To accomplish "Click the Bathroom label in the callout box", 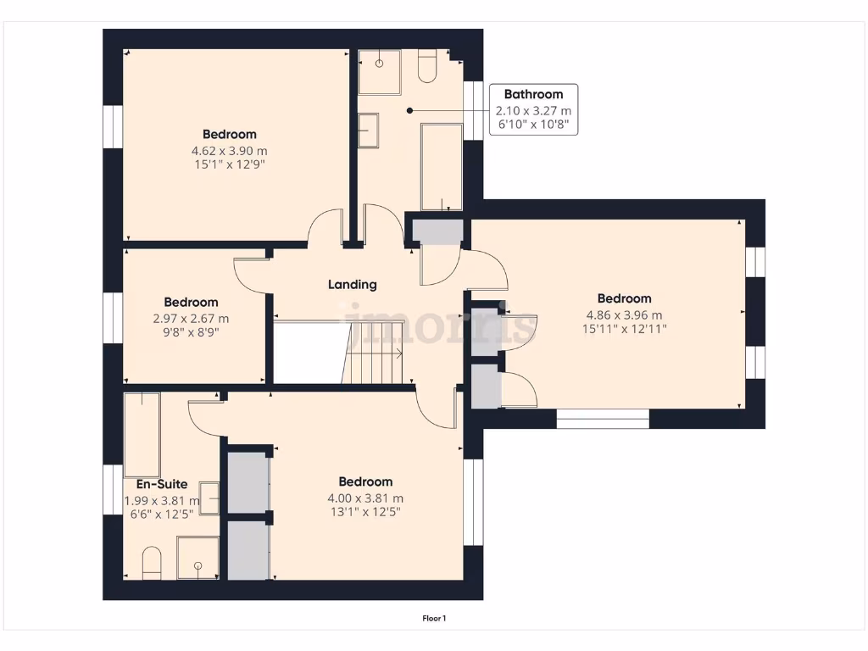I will click(x=533, y=94).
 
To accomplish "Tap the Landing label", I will click(x=352, y=285).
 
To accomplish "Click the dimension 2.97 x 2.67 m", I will click(x=191, y=319).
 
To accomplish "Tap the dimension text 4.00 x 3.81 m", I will click(x=365, y=498).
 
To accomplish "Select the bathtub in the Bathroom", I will click(x=442, y=166).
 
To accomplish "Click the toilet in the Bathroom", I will click(x=427, y=68).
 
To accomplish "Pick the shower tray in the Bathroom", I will click(x=379, y=71).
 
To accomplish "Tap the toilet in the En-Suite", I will click(x=152, y=563).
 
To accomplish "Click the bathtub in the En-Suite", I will click(x=142, y=434).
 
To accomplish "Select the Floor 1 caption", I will click(x=434, y=619).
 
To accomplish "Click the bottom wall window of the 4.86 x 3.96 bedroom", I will click(x=603, y=418).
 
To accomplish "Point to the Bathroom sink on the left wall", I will click(x=368, y=131).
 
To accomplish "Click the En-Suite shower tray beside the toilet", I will click(x=198, y=558).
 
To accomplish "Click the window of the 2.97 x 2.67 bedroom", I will click(x=113, y=318).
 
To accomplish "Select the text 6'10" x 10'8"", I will click(x=533, y=125).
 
